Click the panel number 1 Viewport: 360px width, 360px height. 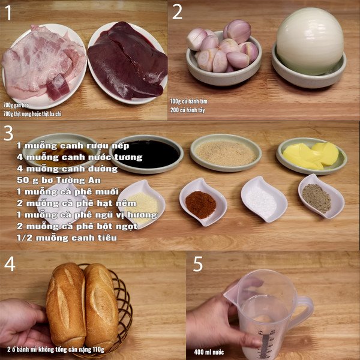point(8,13)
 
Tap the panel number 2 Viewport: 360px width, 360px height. point(177,12)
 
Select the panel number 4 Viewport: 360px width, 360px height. point(10,264)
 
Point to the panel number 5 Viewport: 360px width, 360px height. point(199,264)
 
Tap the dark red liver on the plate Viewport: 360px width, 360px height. point(127,60)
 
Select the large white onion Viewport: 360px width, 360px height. point(310,42)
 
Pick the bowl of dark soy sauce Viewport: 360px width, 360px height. point(148,153)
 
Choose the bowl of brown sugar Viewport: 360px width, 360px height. point(226,153)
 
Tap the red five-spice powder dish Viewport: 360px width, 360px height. point(200,205)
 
